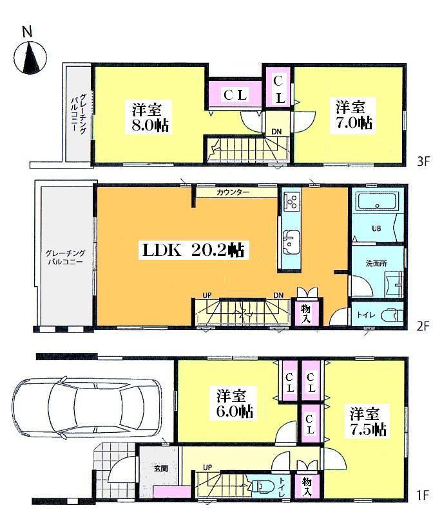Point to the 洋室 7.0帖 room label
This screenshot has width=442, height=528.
pyautogui.click(x=353, y=114)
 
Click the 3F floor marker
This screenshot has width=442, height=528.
pyautogui.click(x=423, y=161)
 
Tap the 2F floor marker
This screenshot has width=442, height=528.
pyautogui.click(x=423, y=326)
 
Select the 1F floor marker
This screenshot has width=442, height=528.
pyautogui.click(x=423, y=495)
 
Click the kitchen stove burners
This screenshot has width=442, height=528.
pyautogui.click(x=291, y=202)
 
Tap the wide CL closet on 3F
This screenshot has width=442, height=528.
pyautogui.click(x=236, y=95)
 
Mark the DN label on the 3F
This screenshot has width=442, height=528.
pyautogui.click(x=276, y=132)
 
